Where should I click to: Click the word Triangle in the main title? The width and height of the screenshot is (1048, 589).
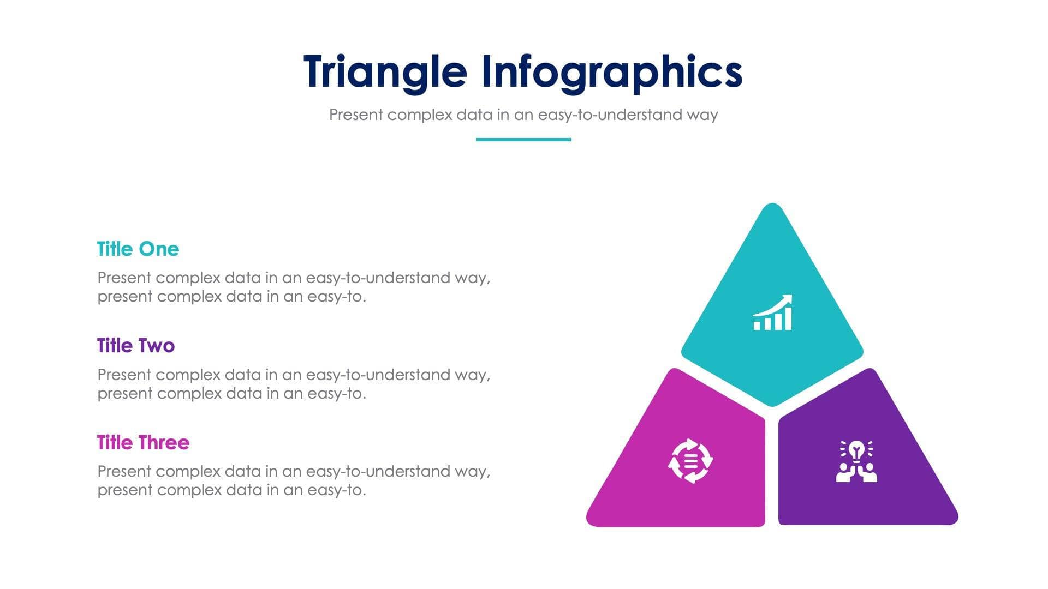(x=385, y=72)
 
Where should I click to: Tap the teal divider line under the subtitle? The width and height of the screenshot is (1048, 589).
(x=523, y=140)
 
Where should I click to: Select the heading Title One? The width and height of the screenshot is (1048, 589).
(x=138, y=249)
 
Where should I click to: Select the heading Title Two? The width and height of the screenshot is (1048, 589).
(x=136, y=346)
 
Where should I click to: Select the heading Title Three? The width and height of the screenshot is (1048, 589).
(x=143, y=442)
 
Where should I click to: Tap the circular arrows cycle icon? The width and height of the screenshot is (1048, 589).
(x=690, y=461)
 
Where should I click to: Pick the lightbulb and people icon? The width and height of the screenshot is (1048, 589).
(x=856, y=461)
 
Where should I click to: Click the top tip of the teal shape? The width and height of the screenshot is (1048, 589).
(x=772, y=206)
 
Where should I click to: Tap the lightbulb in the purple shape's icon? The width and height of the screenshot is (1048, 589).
(x=856, y=450)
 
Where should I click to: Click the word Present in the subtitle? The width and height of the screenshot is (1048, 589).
(x=356, y=115)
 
